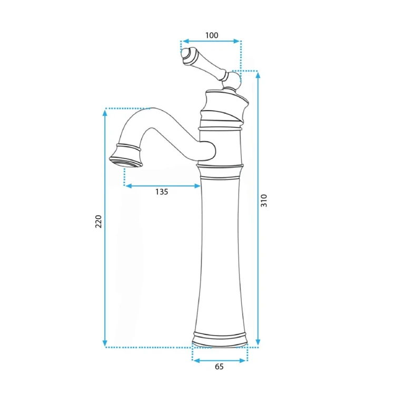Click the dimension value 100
[212, 35]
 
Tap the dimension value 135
[162, 192]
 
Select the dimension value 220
[98, 222]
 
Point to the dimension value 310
[264, 201]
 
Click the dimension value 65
[219, 367]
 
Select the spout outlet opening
[126, 162]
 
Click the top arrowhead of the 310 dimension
[258, 75]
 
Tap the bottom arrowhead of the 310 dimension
[258, 342]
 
